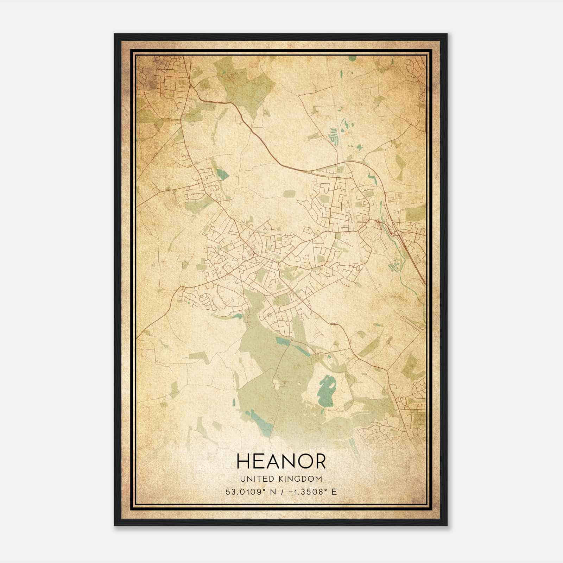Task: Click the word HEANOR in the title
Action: click(281, 461)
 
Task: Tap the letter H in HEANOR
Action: click(244, 461)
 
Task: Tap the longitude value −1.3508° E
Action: click(309, 492)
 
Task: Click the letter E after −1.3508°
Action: click(334, 492)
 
